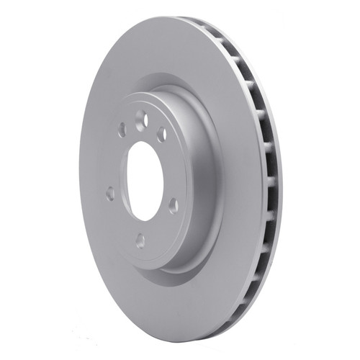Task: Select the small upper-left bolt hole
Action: coord(122,130)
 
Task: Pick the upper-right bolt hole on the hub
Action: coord(161,135)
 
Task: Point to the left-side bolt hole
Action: coord(110,193)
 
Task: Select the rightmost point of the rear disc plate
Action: coord(282,180)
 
